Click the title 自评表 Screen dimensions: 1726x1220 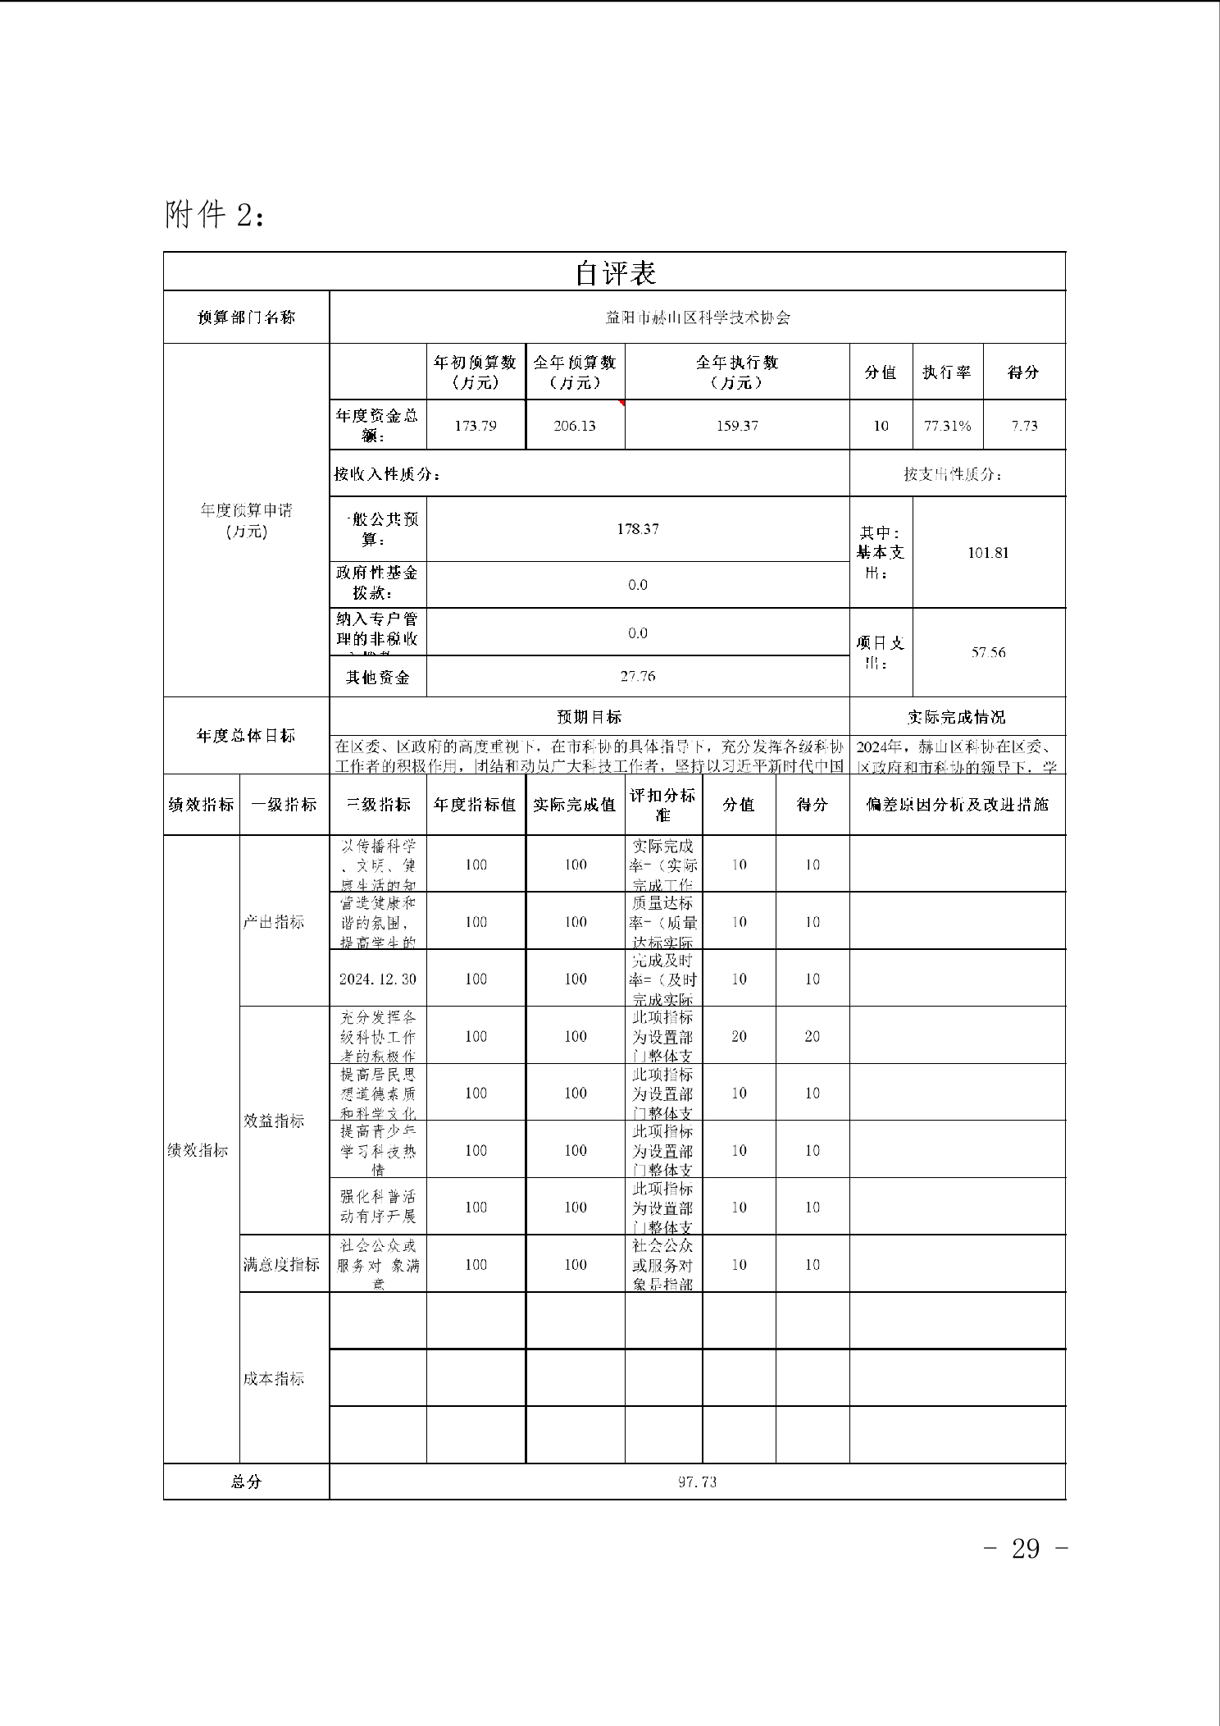tap(615, 273)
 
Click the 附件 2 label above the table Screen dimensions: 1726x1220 tap(214, 215)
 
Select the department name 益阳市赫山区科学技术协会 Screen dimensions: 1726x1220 tap(697, 317)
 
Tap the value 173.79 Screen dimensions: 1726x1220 tap(476, 426)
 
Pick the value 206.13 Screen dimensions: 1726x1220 tap(575, 426)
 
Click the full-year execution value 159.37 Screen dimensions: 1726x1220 tap(736, 426)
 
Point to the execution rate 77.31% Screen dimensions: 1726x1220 tap(947, 426)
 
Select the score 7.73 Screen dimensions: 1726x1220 tap(1024, 426)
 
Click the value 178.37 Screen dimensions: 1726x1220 tap(638, 529)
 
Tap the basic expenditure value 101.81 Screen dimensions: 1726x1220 tap(988, 552)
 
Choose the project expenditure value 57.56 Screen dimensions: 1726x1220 tap(988, 652)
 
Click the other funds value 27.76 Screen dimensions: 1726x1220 tap(638, 677)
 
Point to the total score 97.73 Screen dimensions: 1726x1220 tap(697, 1482)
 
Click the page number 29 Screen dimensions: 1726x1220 tap(1026, 1548)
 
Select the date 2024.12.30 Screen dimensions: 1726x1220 tap(378, 979)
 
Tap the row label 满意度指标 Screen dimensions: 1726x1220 tap(281, 1264)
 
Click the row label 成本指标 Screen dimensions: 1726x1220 tap(274, 1378)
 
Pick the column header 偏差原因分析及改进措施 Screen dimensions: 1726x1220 tap(957, 805)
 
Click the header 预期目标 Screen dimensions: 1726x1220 tap(589, 717)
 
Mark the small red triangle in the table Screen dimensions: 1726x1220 tap(622, 403)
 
